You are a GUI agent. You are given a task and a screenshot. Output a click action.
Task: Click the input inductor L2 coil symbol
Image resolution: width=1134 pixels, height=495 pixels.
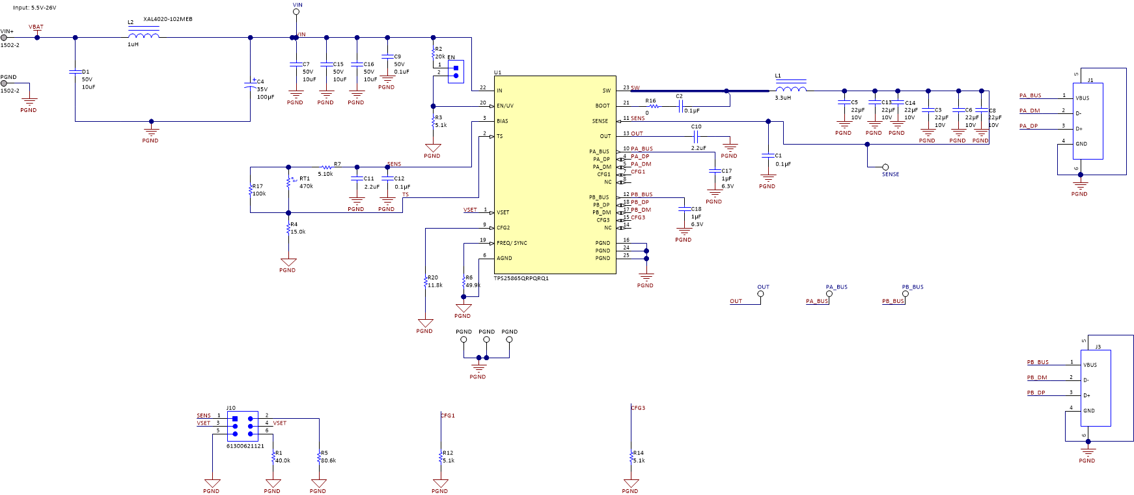[x=144, y=35]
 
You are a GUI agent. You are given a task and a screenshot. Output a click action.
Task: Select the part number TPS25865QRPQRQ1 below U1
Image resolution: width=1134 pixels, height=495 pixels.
[x=521, y=279]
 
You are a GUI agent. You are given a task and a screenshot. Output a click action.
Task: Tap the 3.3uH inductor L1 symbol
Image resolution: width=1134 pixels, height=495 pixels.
[x=791, y=89]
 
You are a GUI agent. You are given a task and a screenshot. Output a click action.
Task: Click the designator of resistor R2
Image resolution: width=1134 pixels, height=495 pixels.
[x=439, y=49]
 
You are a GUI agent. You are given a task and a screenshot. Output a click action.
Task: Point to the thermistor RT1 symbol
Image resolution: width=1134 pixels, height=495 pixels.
[x=288, y=182]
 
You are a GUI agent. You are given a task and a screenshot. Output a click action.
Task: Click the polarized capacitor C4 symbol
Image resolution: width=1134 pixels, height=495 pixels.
[x=251, y=85]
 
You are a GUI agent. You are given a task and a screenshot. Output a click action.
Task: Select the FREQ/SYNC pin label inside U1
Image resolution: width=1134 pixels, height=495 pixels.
[x=512, y=243]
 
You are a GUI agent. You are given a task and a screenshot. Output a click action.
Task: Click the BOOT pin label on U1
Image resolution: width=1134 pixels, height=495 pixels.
[x=602, y=106]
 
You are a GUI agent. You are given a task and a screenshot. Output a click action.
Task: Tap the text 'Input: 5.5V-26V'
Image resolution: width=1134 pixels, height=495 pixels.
[x=35, y=8]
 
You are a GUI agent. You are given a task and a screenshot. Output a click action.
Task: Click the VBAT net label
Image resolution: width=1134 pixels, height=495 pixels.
[x=36, y=27]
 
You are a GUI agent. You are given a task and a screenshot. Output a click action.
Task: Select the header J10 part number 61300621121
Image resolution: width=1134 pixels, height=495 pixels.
[x=245, y=446]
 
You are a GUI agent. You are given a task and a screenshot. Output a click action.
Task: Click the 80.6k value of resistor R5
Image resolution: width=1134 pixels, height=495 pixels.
[x=328, y=460]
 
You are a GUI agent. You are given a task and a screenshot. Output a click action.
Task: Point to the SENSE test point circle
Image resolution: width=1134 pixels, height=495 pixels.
[x=885, y=167]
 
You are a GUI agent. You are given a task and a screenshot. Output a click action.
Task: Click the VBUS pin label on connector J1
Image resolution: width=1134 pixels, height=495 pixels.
[x=1083, y=98]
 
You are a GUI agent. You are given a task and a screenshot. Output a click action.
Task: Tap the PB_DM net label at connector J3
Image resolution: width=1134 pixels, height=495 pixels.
[x=1037, y=378]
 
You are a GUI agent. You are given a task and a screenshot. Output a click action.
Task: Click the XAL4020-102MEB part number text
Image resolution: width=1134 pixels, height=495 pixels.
[x=168, y=20]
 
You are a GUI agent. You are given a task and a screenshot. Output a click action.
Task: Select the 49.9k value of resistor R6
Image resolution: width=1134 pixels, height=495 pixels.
[x=473, y=285]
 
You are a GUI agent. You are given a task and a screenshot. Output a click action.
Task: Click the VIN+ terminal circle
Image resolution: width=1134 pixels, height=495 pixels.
[x=4, y=38]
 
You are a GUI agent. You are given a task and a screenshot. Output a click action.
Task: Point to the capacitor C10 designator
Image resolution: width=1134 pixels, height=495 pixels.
[x=696, y=127]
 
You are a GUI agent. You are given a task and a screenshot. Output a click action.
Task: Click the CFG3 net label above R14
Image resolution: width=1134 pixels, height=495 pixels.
[x=638, y=408]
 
